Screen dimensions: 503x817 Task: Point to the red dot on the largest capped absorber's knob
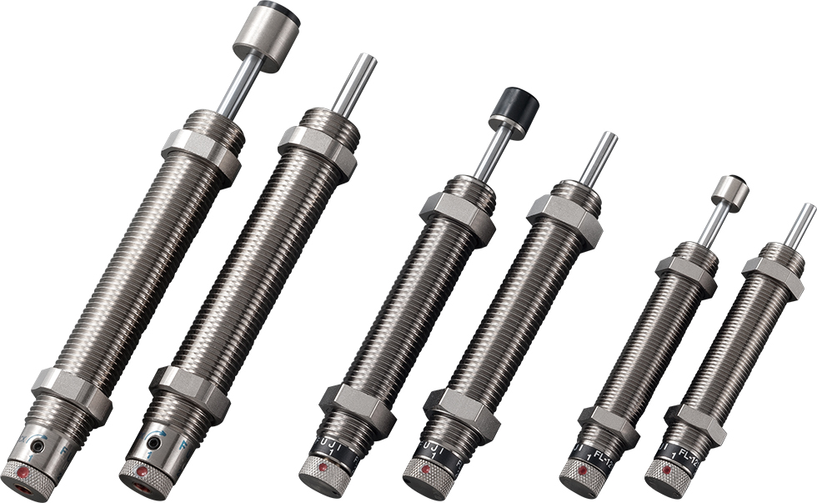pos(24,473)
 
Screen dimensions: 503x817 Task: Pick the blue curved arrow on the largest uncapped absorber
pos(163,434)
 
